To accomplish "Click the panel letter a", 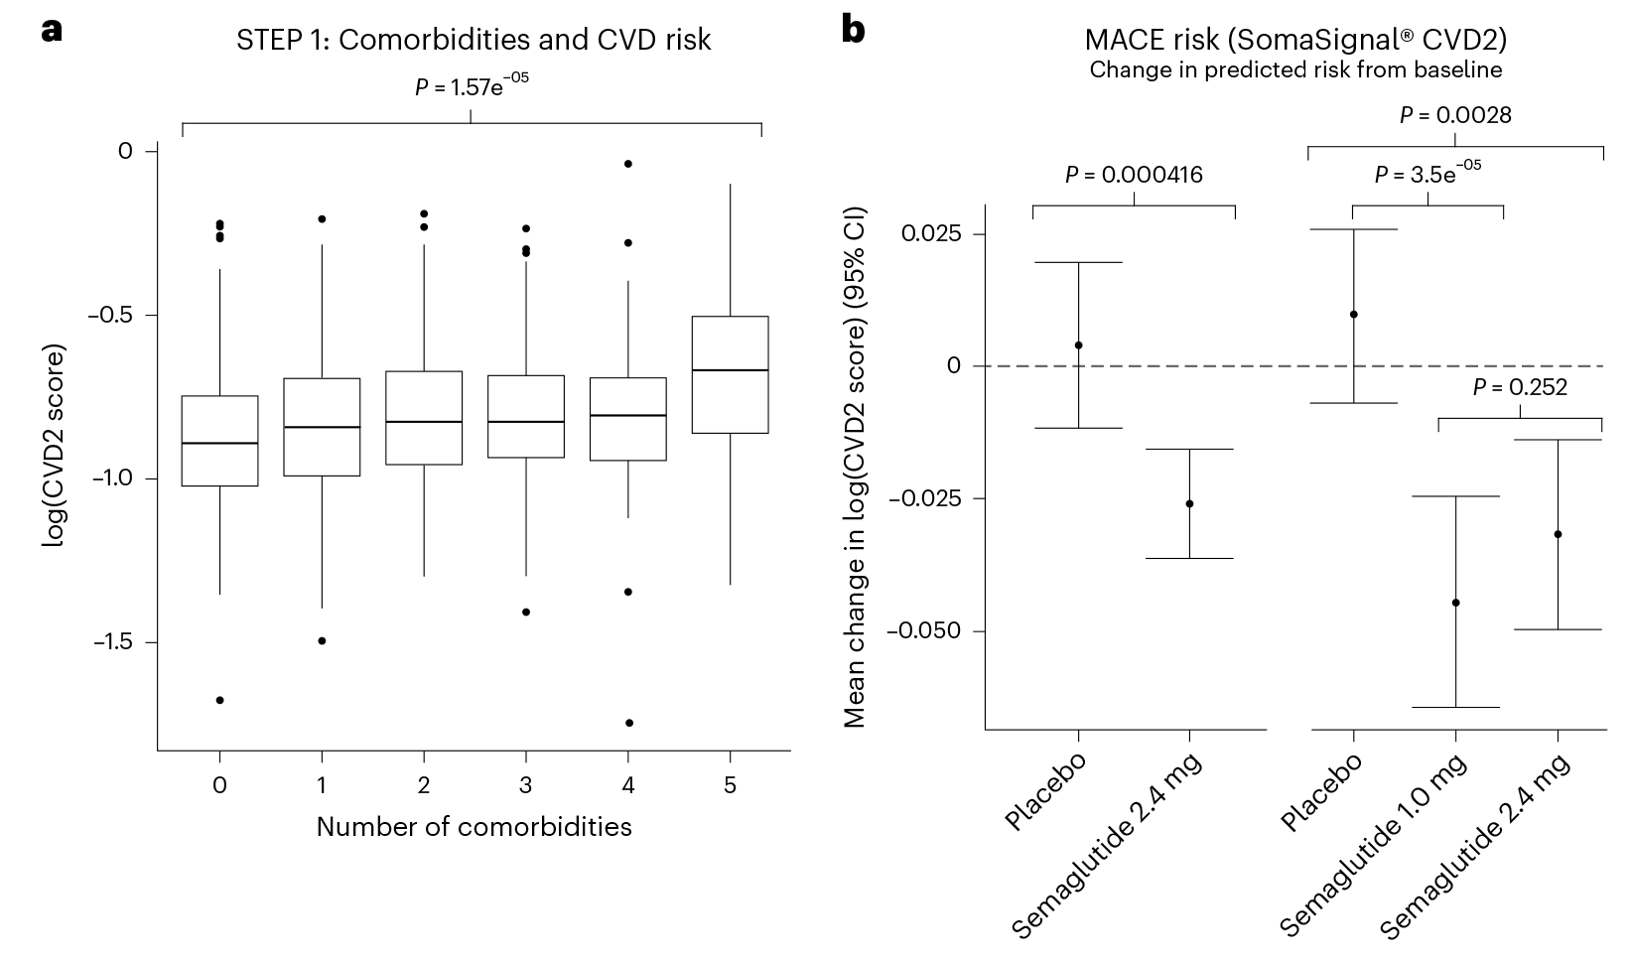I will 52,30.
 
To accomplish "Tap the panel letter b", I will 853,30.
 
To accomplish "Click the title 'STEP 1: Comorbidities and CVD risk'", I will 474,40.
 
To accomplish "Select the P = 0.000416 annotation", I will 1134,176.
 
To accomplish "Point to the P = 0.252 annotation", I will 1520,387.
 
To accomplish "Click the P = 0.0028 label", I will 1455,115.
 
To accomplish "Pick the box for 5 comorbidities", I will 731,374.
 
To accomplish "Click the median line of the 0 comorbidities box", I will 219,443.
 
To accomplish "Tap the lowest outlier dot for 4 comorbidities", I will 629,723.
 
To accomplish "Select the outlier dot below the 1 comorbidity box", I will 322,640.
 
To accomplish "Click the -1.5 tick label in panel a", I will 112,642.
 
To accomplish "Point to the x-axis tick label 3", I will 526,786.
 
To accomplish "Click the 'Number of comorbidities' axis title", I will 474,827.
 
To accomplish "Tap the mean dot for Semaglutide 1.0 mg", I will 1455,603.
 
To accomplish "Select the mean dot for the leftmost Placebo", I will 1078,345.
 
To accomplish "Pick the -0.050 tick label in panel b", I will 924,631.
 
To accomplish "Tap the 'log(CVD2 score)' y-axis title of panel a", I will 54,448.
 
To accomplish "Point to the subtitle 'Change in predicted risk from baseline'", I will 1295,70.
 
